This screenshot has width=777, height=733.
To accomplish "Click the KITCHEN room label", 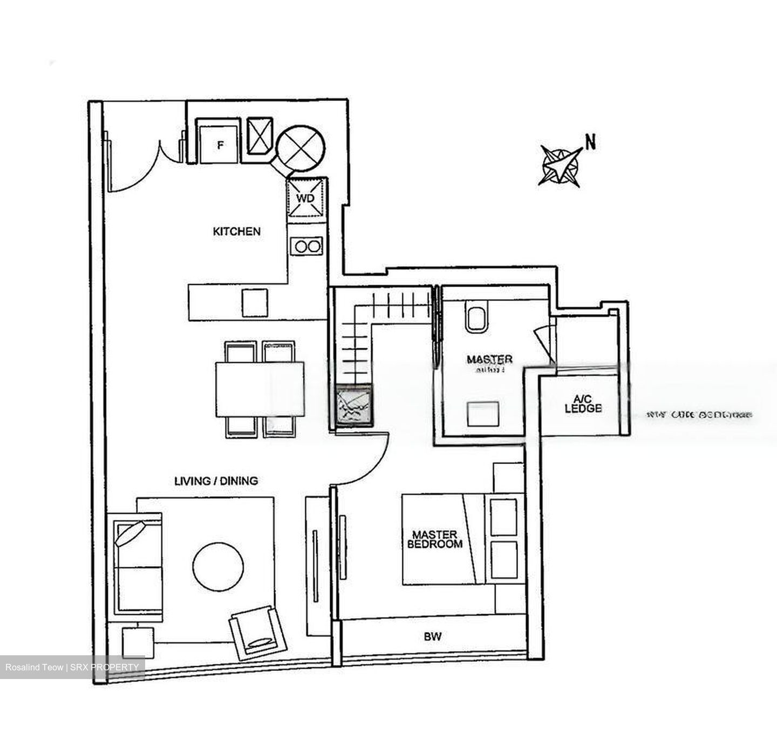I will pos(236,232).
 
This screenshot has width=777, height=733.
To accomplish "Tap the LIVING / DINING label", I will pos(216,480).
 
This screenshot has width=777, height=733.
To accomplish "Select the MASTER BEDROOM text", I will pos(434,539).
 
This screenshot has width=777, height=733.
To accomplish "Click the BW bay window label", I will pos(432,637).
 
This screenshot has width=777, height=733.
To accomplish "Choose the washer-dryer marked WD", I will pos(305,198).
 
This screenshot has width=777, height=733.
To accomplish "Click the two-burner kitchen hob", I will pos(306,247).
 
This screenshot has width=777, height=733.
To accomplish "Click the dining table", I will pos(260,389).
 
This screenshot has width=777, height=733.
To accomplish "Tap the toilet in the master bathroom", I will pos(476,318).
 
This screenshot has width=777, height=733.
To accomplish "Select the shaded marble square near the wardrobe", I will pos(353,405).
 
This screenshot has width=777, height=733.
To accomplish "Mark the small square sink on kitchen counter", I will pos(255,303).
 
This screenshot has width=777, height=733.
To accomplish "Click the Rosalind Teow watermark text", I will pos(72,668).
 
